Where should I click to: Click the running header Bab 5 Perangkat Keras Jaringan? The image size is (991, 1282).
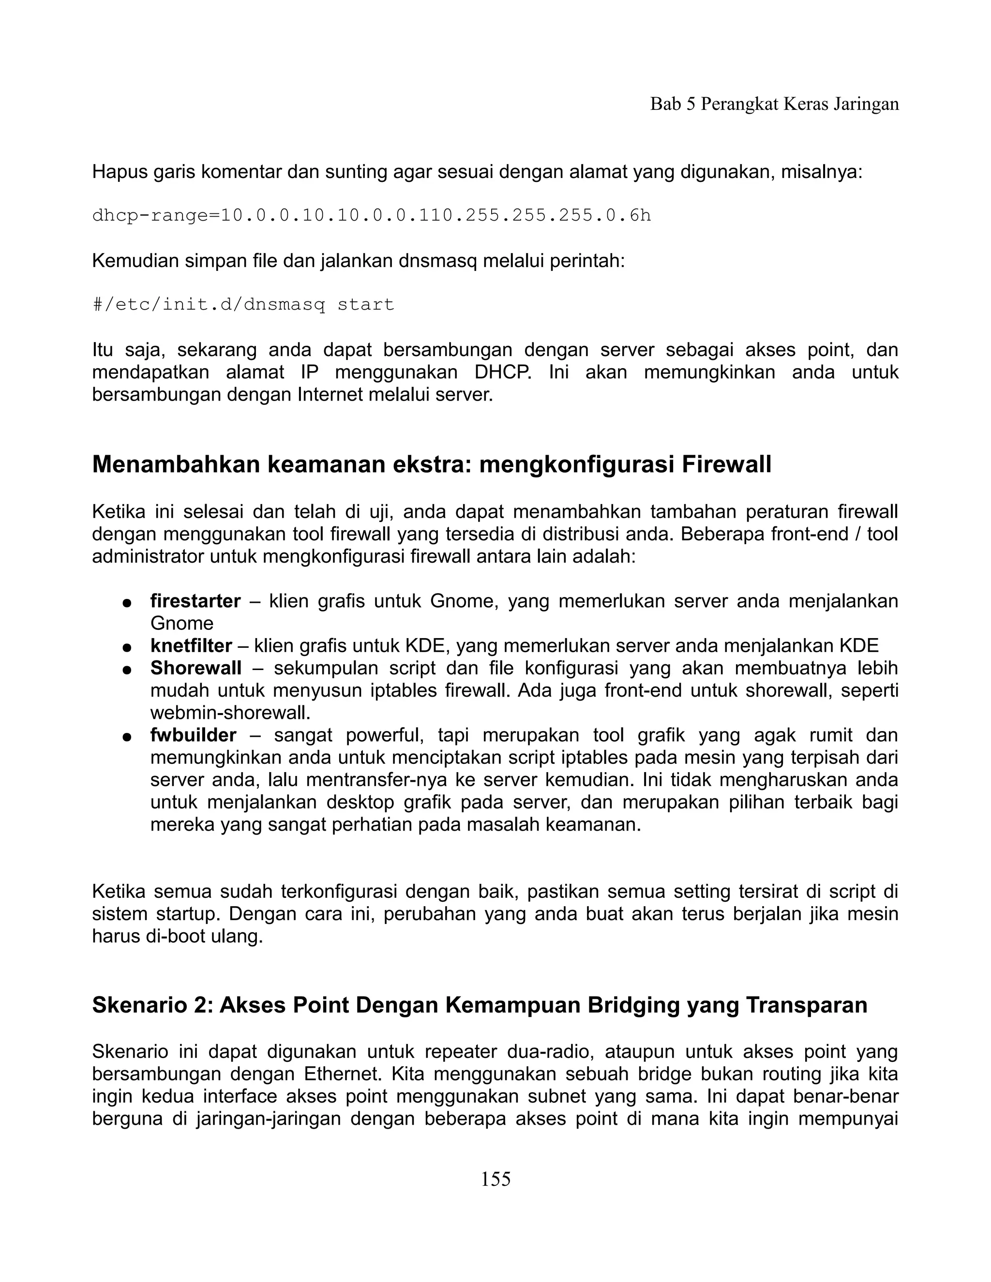point(774,104)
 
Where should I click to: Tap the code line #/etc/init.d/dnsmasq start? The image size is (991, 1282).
point(243,304)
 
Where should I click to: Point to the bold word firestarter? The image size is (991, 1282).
point(195,601)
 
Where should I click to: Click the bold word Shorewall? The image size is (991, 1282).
point(195,668)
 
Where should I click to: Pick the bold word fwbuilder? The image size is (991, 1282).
point(193,735)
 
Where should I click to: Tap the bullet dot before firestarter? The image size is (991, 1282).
point(126,603)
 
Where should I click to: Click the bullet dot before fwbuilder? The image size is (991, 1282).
point(126,737)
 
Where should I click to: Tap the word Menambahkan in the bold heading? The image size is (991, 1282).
point(176,464)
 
